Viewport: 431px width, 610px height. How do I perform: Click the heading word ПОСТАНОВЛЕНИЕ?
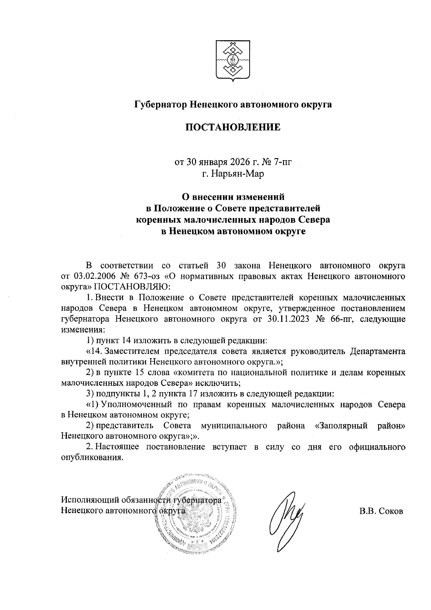point(233,127)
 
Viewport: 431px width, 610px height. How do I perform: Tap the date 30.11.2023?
point(285,319)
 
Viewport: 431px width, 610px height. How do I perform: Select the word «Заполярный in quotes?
point(341,426)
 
